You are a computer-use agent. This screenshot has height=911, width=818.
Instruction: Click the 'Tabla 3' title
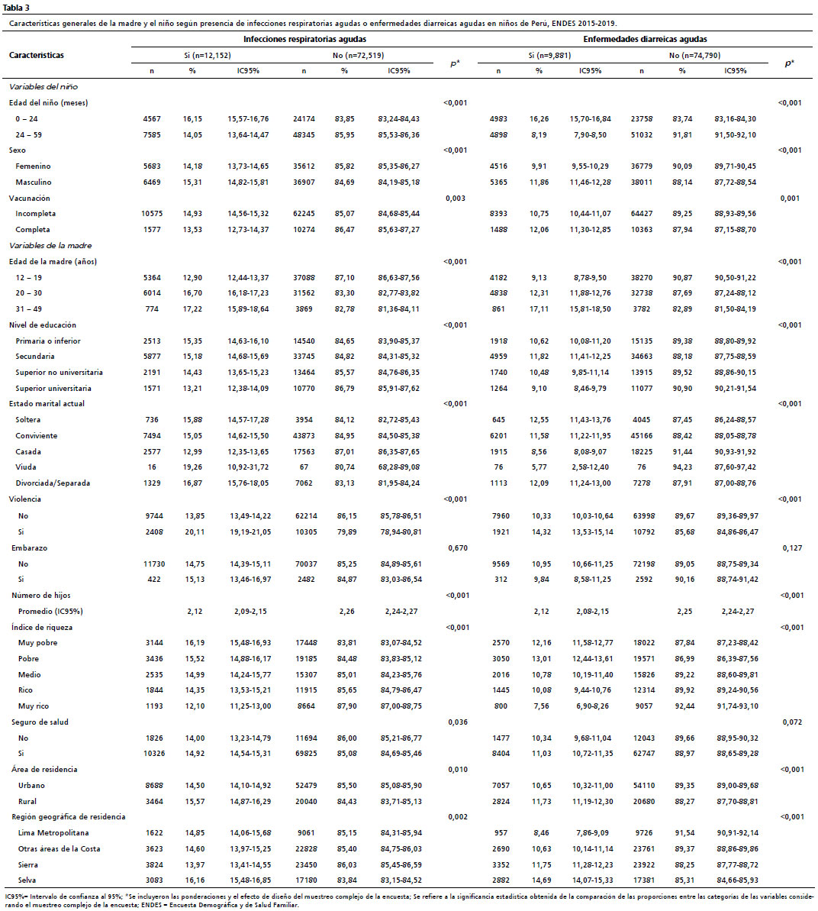[x=16, y=8]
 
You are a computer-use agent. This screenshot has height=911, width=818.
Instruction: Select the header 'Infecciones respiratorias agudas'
[x=304, y=40]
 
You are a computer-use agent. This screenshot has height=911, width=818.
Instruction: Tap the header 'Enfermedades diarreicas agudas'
[x=645, y=40]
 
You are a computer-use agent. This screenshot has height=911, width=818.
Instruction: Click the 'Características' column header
[x=37, y=55]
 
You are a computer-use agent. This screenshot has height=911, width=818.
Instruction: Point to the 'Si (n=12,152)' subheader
[x=208, y=56]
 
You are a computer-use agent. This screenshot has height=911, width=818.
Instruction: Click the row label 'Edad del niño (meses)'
[x=48, y=103]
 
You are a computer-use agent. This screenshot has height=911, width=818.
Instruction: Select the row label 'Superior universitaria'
[x=53, y=388]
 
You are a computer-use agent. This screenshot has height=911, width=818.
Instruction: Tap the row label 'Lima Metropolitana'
[x=53, y=832]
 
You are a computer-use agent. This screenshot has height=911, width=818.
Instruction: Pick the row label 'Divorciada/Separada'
[x=53, y=483]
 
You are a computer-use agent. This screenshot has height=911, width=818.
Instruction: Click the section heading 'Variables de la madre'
[x=50, y=246]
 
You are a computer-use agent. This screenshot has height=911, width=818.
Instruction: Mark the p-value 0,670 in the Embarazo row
[x=458, y=548]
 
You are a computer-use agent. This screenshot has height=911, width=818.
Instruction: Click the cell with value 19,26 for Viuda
[x=192, y=467]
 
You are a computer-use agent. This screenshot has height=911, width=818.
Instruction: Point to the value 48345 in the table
[x=304, y=135]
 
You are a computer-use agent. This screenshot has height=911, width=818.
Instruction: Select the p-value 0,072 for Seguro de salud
[x=792, y=722]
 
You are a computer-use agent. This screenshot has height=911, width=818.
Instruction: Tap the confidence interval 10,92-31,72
[x=248, y=467]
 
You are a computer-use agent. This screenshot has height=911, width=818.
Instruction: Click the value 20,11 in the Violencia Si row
[x=195, y=531]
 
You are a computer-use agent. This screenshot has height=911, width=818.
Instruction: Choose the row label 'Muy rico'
[x=34, y=706]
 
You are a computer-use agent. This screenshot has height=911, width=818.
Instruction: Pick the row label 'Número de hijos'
[x=41, y=596]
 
